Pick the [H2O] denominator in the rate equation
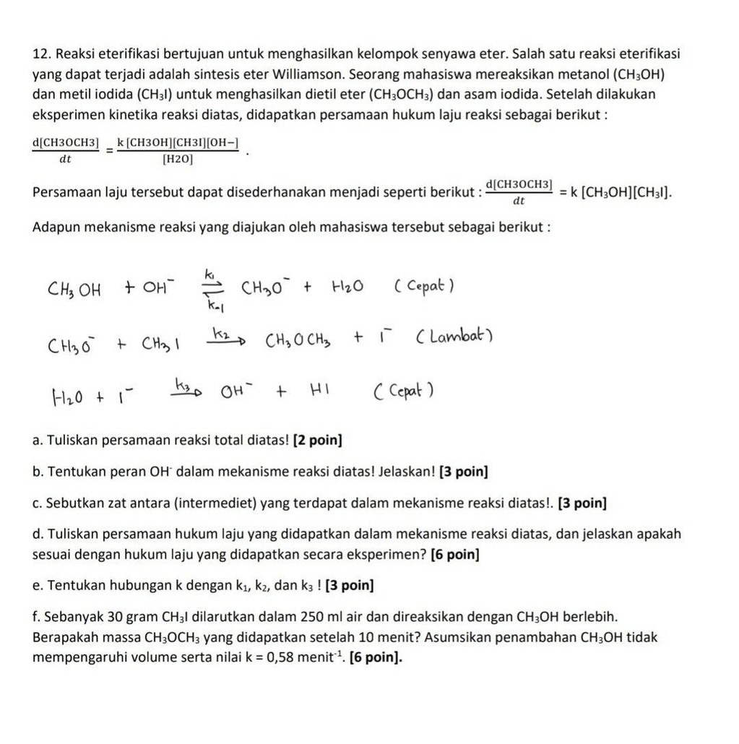[x=177, y=158]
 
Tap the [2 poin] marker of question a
[x=317, y=440]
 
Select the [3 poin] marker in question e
[x=350, y=585]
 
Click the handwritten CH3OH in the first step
[x=74, y=290]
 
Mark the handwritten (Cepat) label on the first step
[x=424, y=287]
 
